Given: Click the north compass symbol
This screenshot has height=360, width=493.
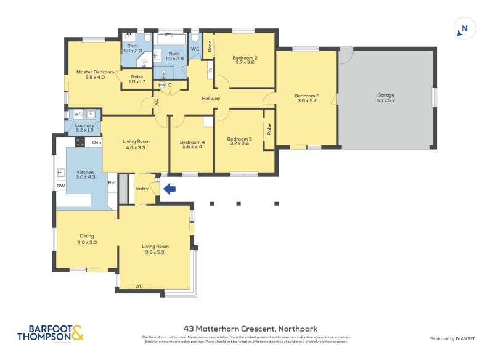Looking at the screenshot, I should [464, 29].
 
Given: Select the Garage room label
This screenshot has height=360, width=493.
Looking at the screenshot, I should [386, 97].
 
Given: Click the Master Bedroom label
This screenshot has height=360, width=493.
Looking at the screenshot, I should [95, 75].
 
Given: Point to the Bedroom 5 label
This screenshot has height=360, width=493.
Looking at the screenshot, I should [306, 98].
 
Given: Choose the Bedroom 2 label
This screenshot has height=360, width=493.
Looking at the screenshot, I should [245, 60].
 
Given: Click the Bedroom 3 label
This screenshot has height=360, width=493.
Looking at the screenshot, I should [239, 141].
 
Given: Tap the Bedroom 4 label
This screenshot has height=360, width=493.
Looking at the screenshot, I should [192, 144].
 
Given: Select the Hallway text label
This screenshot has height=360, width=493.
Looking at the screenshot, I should [211, 99].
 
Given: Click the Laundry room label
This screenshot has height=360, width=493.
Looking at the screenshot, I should [84, 128].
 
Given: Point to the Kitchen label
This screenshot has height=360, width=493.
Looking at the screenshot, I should [84, 174].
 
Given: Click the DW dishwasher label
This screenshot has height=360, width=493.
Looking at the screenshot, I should [60, 186].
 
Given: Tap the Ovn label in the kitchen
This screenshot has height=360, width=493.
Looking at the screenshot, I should [96, 142].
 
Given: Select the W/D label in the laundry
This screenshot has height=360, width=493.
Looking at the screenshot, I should [78, 114].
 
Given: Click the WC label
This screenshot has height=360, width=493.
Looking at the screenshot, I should [194, 49].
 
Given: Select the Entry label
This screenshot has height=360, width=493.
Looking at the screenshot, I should [142, 189].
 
